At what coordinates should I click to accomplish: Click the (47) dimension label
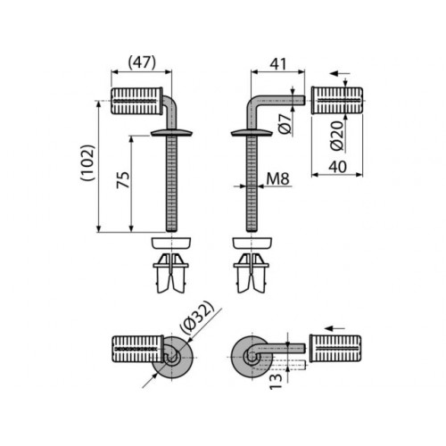(142, 63)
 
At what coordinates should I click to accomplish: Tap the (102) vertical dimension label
(87, 162)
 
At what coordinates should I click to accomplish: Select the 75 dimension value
(123, 179)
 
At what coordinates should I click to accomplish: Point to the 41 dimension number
(277, 64)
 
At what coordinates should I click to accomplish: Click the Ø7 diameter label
(286, 124)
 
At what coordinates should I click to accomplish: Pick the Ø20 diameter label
(337, 136)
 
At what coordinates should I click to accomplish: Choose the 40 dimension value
(338, 167)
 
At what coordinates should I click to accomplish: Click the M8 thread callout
(277, 179)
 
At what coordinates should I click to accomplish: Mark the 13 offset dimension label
(276, 382)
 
